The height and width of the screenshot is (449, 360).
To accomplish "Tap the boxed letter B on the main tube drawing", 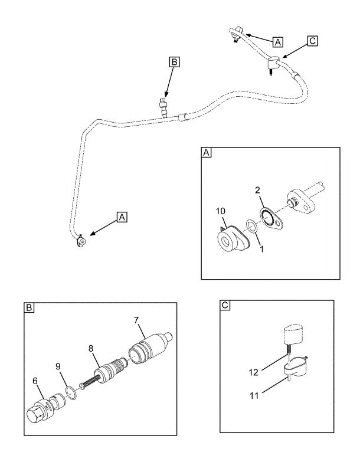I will tap(174, 61).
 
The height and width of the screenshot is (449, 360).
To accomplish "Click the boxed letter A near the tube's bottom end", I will tap(122, 217).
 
